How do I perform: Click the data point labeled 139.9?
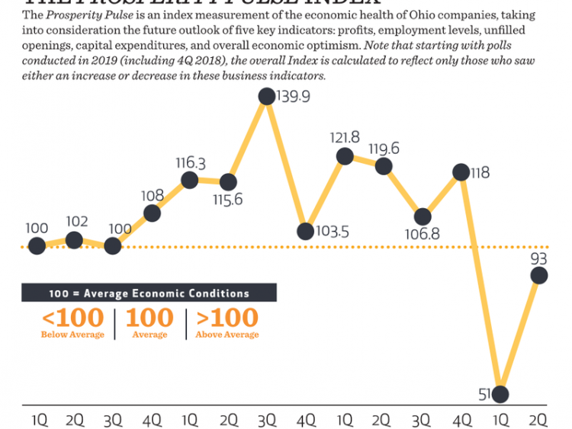coord(266,96)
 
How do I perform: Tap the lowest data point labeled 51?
coord(500,394)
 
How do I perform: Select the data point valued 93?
coord(538,275)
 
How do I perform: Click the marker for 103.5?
coord(305,230)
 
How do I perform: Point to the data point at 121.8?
coord(345,156)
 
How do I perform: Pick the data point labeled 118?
coord(461,172)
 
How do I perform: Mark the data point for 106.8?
coord(422,217)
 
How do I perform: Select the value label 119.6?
coord(384,148)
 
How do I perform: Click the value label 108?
coord(152,195)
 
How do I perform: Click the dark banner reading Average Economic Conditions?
coord(149,293)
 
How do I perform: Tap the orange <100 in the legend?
coord(72,317)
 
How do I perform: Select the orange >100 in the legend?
coord(227,317)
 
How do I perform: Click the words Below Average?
coord(72,335)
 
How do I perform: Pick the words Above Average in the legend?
coord(227,335)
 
